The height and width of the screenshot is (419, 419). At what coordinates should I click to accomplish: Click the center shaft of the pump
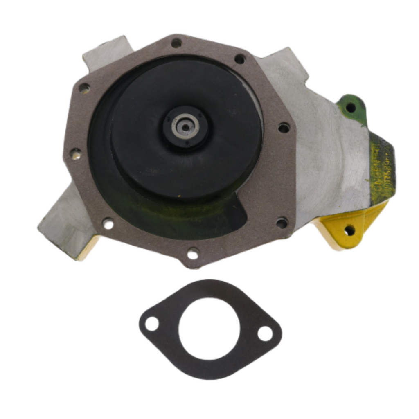185,128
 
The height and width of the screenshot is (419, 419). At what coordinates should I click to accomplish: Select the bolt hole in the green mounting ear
351,108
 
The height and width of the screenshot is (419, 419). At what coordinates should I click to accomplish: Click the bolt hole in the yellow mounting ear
349,230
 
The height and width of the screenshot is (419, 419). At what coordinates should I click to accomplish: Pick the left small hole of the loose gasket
152,324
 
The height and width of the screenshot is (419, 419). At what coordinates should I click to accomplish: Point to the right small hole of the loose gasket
265,333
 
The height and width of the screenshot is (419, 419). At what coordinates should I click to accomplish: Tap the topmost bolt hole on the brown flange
176,43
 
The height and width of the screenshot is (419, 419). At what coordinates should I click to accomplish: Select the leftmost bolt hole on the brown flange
75,154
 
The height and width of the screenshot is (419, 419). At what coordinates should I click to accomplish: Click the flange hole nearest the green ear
284,128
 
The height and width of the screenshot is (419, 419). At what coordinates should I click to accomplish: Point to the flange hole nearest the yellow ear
282,223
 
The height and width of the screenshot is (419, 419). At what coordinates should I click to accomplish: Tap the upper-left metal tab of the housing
107,52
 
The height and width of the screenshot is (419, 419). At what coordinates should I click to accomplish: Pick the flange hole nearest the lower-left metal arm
108,223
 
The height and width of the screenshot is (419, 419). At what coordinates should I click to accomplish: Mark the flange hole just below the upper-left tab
84,88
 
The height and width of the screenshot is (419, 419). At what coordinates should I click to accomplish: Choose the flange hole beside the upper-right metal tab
240,59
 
